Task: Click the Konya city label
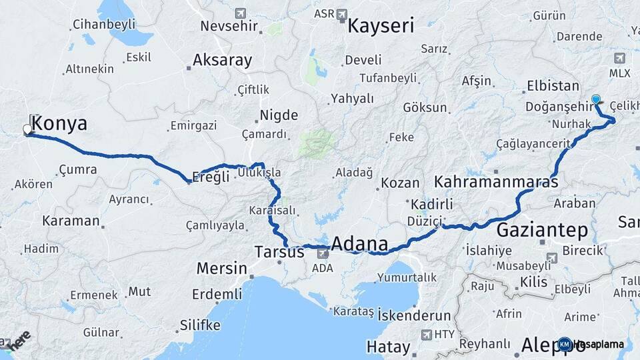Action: point(59,123)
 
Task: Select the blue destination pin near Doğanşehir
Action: point(595,99)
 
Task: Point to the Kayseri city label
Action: point(381,26)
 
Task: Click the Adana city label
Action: point(359,244)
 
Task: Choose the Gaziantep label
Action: point(542,231)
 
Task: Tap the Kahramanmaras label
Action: point(496,181)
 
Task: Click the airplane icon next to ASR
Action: point(342,13)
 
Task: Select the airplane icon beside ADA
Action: point(323,253)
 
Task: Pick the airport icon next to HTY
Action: point(426,333)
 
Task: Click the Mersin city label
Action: point(221,269)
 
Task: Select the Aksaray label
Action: point(222,61)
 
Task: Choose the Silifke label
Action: point(199,325)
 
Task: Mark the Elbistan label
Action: point(553,85)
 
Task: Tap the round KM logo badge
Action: point(565,344)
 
